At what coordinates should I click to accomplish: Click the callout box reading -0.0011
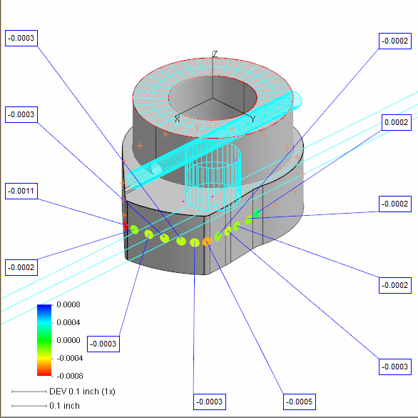coord(21,191)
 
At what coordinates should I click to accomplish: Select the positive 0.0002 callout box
coord(397,123)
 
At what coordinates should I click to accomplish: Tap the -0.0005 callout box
coord(300,402)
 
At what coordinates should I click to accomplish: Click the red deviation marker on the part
coord(126,225)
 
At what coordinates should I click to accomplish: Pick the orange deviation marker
coord(207,242)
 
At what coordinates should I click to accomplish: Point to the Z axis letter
coord(215,54)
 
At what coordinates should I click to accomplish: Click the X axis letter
coord(178,119)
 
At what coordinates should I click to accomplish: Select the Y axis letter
coord(253,119)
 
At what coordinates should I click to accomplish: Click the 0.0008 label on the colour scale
coord(68,304)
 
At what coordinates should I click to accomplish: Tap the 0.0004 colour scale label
coord(68,322)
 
